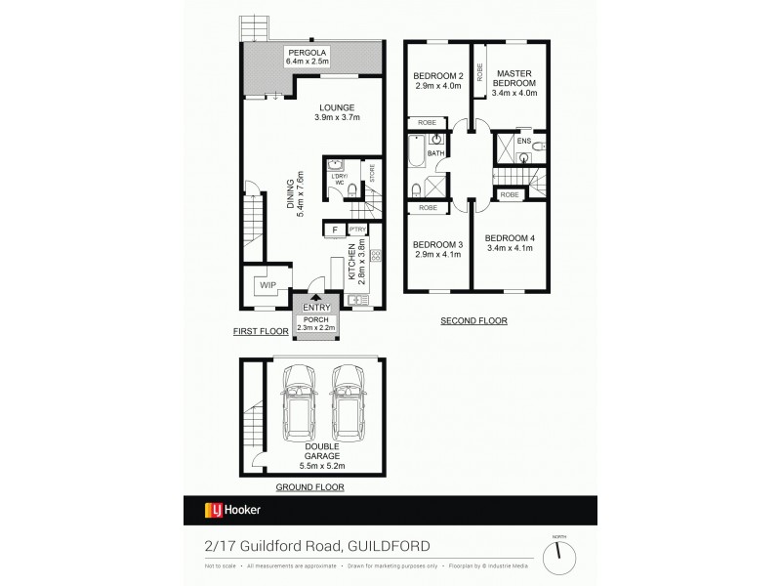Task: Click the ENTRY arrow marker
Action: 315,298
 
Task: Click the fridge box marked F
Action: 336,230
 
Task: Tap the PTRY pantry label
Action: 357,230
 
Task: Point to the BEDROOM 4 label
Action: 510,242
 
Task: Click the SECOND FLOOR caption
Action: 473,320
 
